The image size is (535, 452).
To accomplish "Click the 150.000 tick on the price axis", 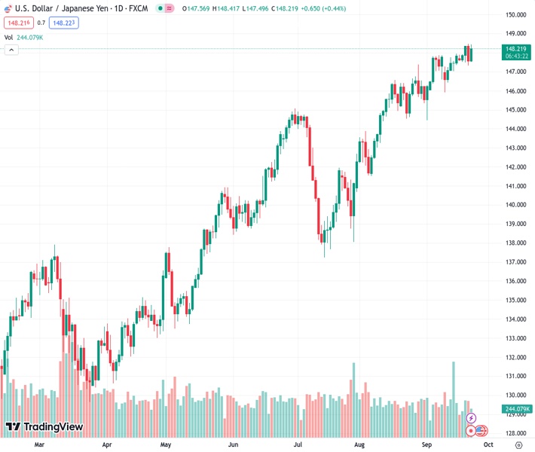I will [515, 15].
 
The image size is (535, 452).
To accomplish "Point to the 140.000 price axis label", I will [515, 205].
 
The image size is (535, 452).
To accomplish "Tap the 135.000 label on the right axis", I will [515, 300].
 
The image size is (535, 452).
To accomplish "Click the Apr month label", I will [106, 444].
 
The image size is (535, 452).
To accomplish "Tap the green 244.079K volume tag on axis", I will [516, 409].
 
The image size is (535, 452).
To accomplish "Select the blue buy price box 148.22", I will [64, 23].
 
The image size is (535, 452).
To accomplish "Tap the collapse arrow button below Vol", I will [11, 50].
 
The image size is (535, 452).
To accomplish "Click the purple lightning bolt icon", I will [471, 418].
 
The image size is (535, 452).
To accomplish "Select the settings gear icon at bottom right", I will [518, 444].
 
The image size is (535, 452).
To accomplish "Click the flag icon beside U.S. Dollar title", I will [8, 8].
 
